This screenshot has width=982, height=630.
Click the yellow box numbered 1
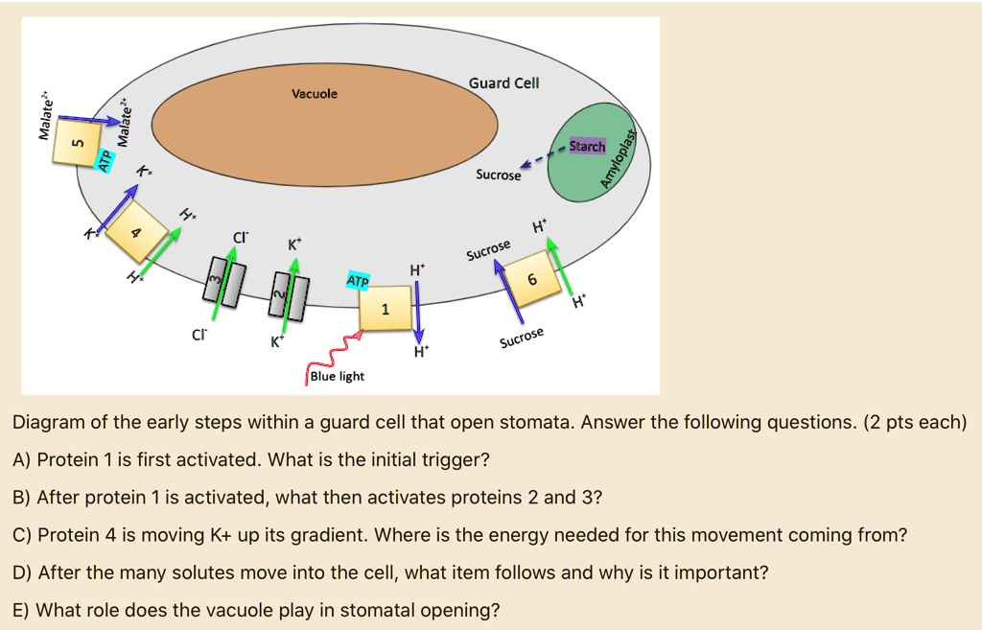pos(386,308)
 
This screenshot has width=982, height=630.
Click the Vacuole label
pos(315,94)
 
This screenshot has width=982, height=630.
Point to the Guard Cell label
pos(503,83)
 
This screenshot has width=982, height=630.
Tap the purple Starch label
pos(587,147)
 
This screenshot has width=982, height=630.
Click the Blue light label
pos(337,376)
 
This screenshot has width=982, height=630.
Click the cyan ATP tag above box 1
pos(358,279)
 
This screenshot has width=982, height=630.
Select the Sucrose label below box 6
pos(522,338)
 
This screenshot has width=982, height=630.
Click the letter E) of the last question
pos(21,610)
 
